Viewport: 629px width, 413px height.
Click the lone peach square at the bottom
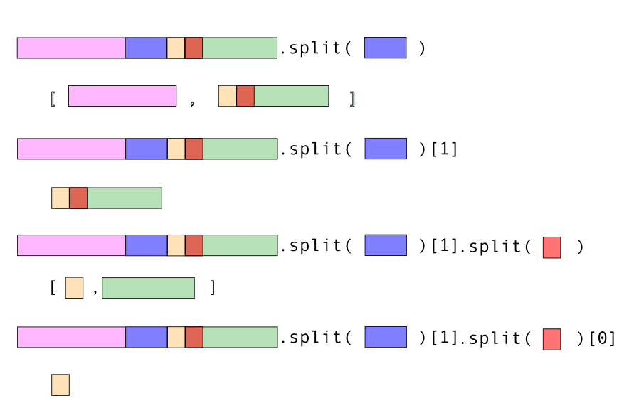point(60,385)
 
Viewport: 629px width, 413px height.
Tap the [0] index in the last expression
point(601,338)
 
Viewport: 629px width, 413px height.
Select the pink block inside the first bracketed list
point(122,96)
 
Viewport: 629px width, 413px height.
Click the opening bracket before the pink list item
point(53,98)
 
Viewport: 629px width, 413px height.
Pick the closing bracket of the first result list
point(352,98)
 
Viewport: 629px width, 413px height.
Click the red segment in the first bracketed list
point(245,96)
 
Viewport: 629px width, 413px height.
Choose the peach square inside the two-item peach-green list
point(74,288)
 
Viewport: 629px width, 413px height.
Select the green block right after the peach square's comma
point(148,288)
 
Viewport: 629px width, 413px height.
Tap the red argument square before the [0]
point(551,339)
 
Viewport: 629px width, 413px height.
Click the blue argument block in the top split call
point(385,48)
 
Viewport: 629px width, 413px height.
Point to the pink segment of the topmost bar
point(71,48)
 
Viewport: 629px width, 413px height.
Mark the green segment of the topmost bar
point(240,48)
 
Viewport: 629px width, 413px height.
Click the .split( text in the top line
point(315,49)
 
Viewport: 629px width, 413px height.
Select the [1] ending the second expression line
point(445,149)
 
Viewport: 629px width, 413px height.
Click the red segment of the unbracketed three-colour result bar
point(78,198)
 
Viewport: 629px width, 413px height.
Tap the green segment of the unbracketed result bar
point(125,198)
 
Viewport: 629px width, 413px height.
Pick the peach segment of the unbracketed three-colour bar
point(60,198)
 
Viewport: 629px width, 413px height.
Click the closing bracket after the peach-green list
point(212,288)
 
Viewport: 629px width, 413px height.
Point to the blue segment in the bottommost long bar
point(147,337)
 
